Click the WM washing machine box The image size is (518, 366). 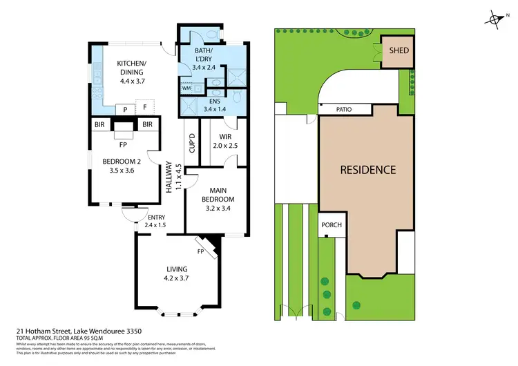point(186,88)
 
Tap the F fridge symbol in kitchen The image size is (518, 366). point(145,108)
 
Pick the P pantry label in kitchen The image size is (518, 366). point(126,108)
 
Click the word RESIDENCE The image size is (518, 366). point(367,169)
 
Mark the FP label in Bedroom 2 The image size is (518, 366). point(122,145)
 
